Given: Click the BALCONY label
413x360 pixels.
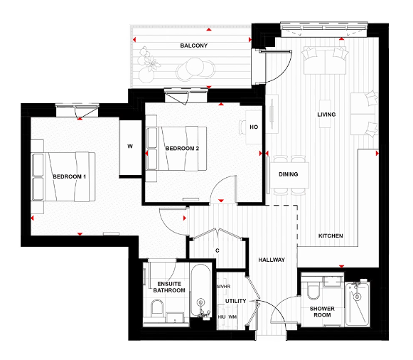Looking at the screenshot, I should coord(193,46).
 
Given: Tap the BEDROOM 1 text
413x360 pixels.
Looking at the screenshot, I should coord(69,176).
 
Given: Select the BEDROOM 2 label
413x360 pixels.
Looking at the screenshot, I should coord(181,149).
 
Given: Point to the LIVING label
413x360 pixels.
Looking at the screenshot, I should coord(326,114).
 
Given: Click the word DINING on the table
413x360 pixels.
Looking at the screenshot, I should coord(289,174).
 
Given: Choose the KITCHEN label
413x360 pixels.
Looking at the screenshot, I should coord(331,235).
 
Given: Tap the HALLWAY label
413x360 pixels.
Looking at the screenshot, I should coord(272,260).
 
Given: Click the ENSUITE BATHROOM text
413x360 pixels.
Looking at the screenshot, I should coord(170,287).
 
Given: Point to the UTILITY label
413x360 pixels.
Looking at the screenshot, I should coord(235,301).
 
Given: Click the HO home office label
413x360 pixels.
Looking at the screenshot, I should coord(254,128).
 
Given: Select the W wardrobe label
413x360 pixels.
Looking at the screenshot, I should coord(130,147).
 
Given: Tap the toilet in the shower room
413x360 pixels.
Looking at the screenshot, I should coord(313,290).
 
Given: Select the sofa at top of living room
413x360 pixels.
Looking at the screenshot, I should coord(325,60).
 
